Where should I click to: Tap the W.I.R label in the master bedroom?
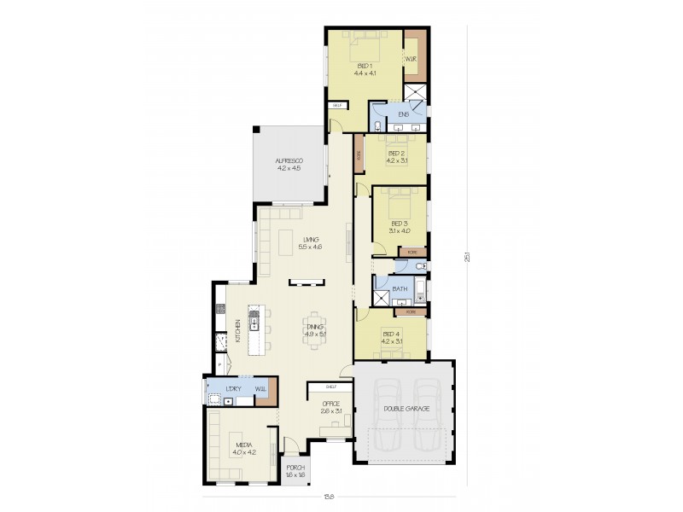[x=410, y=60]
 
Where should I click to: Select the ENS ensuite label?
[x=403, y=113]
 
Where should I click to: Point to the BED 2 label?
[x=397, y=154]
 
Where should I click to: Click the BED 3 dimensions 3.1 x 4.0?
[x=400, y=230]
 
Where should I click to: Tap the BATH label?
[x=400, y=290]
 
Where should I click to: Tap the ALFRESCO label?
[x=289, y=161]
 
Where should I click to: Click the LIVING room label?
[x=309, y=241]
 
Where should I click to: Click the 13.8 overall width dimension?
[x=329, y=497]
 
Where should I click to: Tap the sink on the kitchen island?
[x=254, y=323]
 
